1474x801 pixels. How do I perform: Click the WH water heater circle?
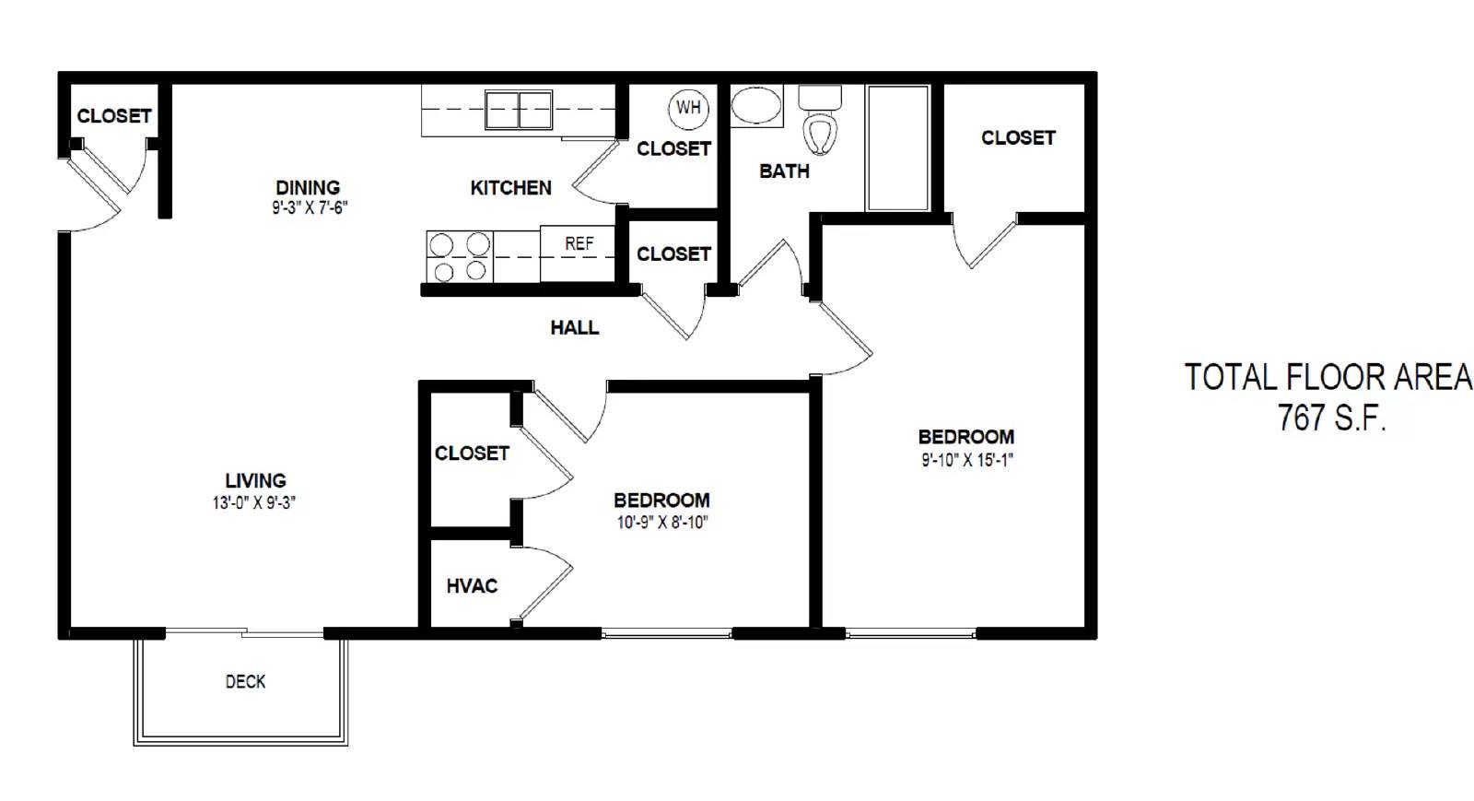[688, 107]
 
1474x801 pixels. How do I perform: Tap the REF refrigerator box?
[579, 253]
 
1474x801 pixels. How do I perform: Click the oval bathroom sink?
[756, 106]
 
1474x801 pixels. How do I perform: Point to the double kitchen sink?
[519, 110]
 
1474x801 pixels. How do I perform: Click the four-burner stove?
[460, 257]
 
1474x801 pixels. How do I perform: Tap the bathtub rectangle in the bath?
[897, 147]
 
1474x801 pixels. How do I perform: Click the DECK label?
[245, 682]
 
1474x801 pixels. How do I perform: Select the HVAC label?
[472, 586]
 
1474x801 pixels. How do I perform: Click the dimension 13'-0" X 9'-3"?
[254, 503]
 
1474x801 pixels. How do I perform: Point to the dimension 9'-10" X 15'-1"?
[966, 460]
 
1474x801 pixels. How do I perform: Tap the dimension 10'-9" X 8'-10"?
[661, 523]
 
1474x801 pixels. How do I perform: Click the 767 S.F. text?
[1331, 418]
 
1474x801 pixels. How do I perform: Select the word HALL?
[575, 327]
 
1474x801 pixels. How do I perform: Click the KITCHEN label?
[510, 188]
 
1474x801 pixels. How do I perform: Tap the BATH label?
[784, 171]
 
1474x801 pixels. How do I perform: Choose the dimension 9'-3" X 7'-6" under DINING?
[309, 208]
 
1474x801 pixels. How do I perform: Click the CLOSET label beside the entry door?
[114, 116]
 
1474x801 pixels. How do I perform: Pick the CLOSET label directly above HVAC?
[472, 454]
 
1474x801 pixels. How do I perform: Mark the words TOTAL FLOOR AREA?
[1328, 377]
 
